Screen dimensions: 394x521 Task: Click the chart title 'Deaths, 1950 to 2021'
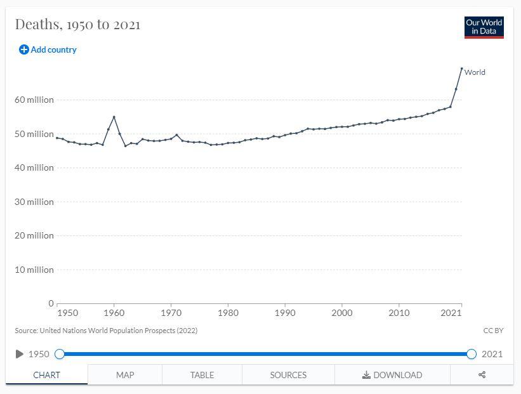click(x=77, y=25)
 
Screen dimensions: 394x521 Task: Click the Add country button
click(x=48, y=49)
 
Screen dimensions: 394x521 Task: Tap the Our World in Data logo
click(x=484, y=27)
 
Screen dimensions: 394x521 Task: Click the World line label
click(x=475, y=72)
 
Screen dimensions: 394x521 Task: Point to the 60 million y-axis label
click(x=35, y=100)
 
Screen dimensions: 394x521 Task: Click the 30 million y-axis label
click(x=35, y=202)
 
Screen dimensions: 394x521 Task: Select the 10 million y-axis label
click(x=35, y=270)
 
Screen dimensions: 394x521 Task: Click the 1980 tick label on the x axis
click(x=228, y=313)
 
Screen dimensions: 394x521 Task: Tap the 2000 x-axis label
click(x=342, y=313)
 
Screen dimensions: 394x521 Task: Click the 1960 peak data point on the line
click(x=114, y=117)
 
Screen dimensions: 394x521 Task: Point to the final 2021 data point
click(x=461, y=69)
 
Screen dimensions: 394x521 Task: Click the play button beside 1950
click(x=20, y=354)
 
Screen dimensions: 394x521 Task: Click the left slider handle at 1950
click(x=60, y=354)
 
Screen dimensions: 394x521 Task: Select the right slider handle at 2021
click(x=471, y=354)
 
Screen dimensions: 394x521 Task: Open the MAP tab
click(x=125, y=375)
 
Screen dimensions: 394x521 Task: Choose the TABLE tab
click(x=202, y=375)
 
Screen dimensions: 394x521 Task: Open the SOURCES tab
click(x=288, y=375)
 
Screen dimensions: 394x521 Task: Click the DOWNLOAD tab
click(x=392, y=375)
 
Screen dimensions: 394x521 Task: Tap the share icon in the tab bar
click(x=482, y=375)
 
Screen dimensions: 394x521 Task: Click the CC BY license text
click(x=493, y=331)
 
